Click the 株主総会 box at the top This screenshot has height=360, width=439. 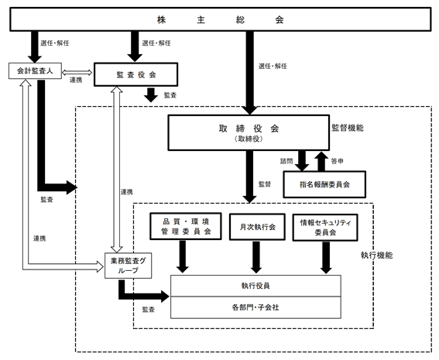click(x=221, y=19)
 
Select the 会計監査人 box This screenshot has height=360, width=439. click(x=35, y=70)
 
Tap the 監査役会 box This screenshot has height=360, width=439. click(x=135, y=74)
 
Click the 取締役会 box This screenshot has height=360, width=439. click(x=249, y=132)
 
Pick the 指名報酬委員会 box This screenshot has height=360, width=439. click(x=324, y=184)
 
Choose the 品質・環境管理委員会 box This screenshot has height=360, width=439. click(x=186, y=226)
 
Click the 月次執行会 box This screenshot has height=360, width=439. click(x=257, y=227)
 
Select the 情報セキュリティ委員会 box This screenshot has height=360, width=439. click(x=325, y=228)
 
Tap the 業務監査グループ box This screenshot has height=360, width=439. click(x=129, y=266)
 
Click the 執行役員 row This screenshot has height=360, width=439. click(x=256, y=286)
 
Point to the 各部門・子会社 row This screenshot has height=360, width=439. click(x=256, y=307)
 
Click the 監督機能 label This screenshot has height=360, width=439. click(x=348, y=128)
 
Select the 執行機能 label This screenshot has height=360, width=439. click(x=376, y=255)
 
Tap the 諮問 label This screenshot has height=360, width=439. click(x=286, y=161)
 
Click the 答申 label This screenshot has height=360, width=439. click(x=337, y=161)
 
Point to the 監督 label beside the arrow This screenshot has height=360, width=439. click(x=265, y=184)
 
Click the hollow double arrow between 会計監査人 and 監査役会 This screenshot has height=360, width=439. click(x=77, y=73)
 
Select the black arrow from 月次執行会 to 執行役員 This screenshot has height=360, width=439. click(x=256, y=257)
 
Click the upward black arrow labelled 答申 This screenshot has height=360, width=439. click(x=321, y=161)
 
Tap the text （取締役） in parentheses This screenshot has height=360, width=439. click(x=249, y=139)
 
